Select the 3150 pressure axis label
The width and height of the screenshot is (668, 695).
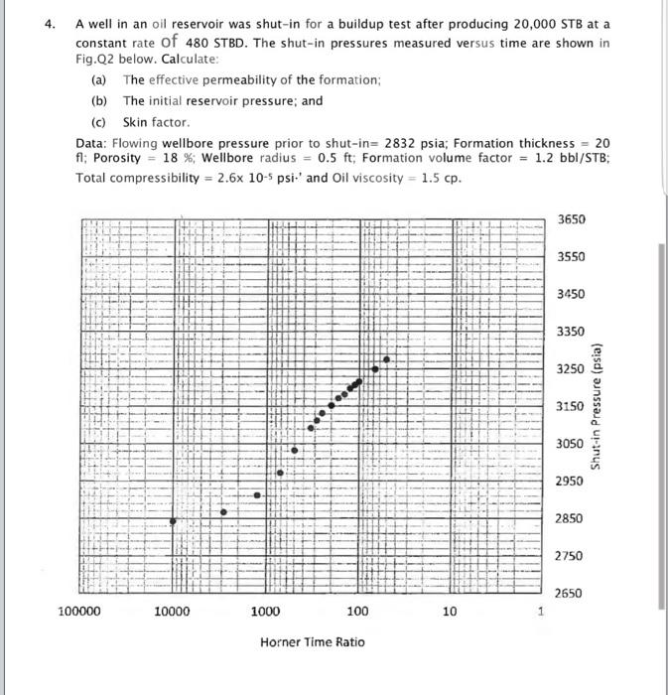click(571, 406)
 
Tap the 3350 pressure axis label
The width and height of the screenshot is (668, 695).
click(571, 331)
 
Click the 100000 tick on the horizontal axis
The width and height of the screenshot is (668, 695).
click(78, 612)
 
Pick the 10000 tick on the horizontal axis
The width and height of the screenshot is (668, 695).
click(173, 612)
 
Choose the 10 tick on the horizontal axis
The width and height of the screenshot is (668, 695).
click(450, 612)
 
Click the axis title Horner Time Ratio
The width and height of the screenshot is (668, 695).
click(312, 642)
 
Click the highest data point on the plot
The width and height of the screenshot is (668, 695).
click(386, 358)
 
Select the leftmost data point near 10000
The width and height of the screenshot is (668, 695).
click(174, 521)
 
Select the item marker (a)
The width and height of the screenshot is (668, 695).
click(100, 79)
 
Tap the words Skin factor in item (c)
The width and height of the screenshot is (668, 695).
click(156, 122)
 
